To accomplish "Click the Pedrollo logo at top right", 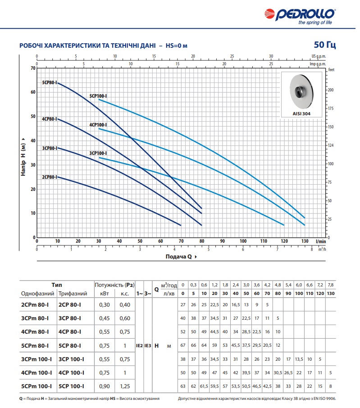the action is pos(300,16).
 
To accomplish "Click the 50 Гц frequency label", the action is pos(324,45).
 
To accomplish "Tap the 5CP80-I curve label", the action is pos(50,83).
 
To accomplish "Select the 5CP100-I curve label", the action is pos(98,96).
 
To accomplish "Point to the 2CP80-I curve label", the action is pos(50,177).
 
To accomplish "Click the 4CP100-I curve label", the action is pos(98,125).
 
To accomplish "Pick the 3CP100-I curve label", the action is pos(98,153).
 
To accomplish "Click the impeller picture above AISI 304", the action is pos(301,92).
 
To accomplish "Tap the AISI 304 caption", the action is pos(301,114).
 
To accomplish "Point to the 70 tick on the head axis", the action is pos(33,68).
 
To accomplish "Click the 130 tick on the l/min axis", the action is pos(305,241).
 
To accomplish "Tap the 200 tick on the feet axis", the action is pos(331,90).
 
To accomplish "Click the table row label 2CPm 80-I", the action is pos(35,305).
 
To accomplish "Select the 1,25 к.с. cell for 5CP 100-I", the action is pos(125,386).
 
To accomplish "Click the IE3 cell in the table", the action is pos(148,346).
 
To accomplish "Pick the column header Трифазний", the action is pos(73,294).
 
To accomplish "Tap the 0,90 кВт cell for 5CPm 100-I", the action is pos(105,386).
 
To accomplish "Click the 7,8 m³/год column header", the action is pos(331,285).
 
